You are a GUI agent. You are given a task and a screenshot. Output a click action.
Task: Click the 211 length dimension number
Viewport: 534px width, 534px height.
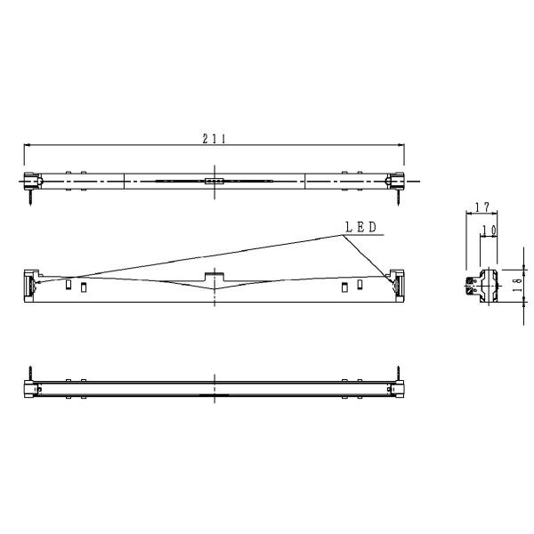[x=214, y=138]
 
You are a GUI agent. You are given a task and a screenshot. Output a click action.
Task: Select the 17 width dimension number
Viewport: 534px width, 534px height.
[x=481, y=207]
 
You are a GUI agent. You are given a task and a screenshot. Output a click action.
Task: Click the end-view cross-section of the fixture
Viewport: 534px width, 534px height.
[x=481, y=286]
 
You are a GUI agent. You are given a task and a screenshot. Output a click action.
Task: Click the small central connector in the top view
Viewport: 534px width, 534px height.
[x=214, y=181]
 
